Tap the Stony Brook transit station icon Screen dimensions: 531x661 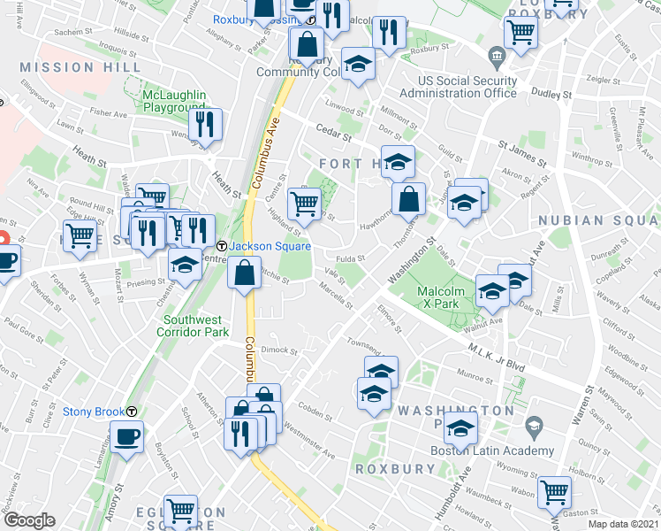tap(132, 412)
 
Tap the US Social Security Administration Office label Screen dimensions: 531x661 tap(467, 86)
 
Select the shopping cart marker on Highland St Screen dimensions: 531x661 tap(305, 203)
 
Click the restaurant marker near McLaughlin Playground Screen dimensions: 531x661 tap(207, 125)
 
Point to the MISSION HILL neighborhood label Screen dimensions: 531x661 tap(80, 67)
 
